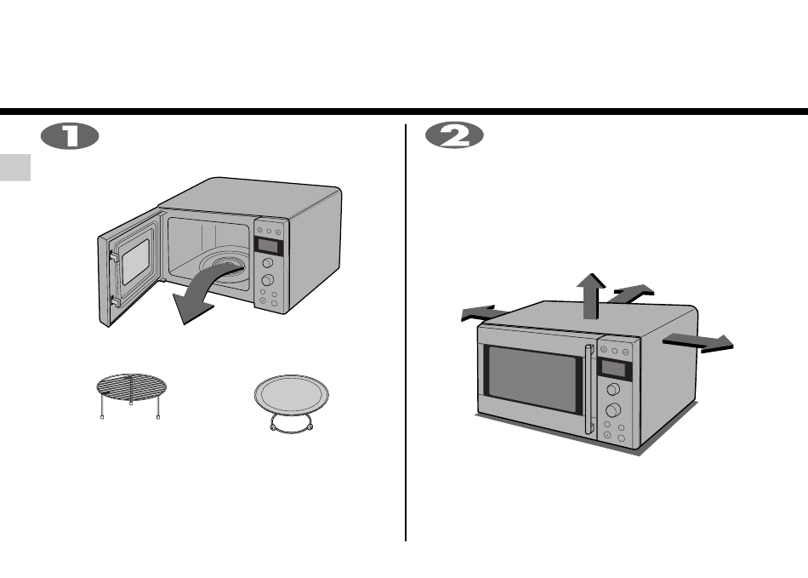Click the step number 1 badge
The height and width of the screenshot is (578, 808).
point(70,136)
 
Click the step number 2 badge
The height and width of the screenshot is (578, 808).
point(454,135)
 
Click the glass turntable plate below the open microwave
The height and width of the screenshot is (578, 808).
point(291,393)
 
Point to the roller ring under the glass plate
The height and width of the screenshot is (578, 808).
point(291,426)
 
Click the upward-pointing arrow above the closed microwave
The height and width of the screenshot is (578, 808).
point(591,296)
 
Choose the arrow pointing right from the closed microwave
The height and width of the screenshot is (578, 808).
point(698,343)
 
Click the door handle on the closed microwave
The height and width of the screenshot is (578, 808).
point(589,389)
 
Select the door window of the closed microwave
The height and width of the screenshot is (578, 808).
point(532,379)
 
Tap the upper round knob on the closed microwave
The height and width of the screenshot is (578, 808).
point(613,389)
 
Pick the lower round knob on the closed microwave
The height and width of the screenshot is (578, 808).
point(612,410)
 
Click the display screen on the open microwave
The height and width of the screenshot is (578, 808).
point(269,247)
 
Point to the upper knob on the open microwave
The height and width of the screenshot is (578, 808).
point(267,264)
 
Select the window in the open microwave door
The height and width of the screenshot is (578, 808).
point(135,262)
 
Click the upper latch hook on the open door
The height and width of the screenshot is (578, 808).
point(114,256)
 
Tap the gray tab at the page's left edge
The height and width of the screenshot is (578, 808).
point(15,168)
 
